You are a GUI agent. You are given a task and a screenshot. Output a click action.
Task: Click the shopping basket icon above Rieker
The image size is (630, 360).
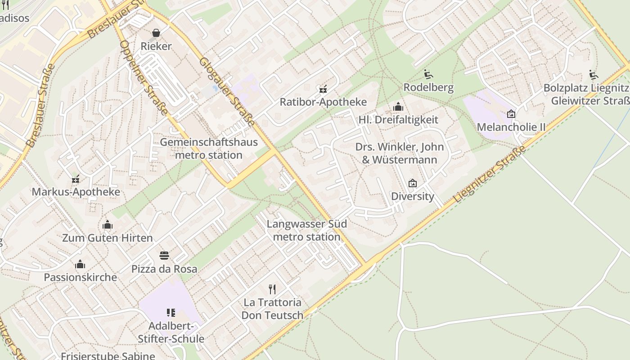pyautogui.click(x=156, y=33)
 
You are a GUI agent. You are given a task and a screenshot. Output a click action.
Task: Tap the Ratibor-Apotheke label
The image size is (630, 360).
pyautogui.click(x=323, y=102)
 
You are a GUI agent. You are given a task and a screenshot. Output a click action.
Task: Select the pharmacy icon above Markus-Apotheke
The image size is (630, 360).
pyautogui.click(x=76, y=179)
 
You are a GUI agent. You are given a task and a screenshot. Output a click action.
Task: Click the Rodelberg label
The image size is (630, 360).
pyautogui.click(x=428, y=87)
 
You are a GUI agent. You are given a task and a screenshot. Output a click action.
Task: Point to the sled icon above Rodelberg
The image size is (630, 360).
pyautogui.click(x=428, y=74)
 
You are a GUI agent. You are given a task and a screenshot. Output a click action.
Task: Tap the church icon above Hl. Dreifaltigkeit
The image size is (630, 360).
pyautogui.click(x=398, y=107)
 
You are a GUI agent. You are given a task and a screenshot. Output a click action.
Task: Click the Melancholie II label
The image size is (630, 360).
pyautogui.click(x=511, y=127)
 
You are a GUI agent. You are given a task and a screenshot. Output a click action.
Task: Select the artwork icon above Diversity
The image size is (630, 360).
pyautogui.click(x=412, y=183)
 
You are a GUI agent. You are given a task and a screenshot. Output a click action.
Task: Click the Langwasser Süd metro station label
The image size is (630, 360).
pyautogui.click(x=306, y=230)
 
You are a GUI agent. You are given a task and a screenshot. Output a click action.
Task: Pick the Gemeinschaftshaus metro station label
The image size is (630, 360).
pyautogui.click(x=209, y=149)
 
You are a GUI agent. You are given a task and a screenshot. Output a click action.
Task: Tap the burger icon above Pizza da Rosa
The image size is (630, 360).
pyautogui.click(x=164, y=256)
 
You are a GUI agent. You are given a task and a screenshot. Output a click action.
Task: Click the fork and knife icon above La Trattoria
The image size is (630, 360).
pyautogui.click(x=272, y=289)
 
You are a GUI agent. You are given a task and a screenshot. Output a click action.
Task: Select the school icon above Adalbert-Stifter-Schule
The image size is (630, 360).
pyautogui.click(x=171, y=313)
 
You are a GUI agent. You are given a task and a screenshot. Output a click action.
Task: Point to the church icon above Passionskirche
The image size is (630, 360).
pyautogui.click(x=80, y=264)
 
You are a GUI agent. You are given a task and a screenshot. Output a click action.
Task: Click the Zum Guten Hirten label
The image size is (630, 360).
pyautogui.click(x=108, y=238)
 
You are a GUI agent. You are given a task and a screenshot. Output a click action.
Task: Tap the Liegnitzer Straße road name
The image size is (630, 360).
pyautogui.click(x=490, y=174)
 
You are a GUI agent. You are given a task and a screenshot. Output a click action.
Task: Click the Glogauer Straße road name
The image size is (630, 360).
pyautogui.click(x=227, y=91)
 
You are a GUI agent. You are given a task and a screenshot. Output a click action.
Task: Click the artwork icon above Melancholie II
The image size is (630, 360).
pyautogui.click(x=511, y=114)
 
